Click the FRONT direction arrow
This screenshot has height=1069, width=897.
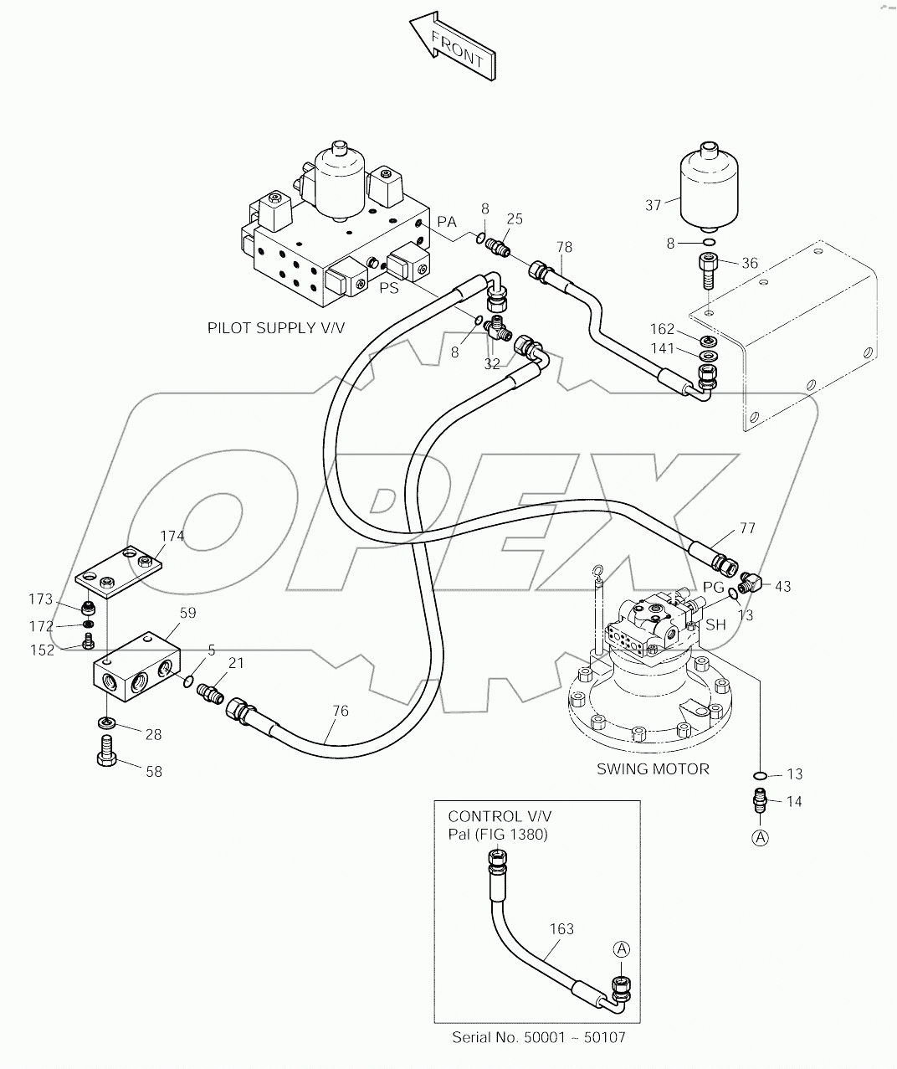(451, 46)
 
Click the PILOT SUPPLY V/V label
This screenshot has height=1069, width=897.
(275, 328)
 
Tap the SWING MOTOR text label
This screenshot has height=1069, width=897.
(653, 768)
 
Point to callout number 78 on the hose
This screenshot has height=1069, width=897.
(565, 247)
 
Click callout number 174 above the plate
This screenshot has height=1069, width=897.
(172, 536)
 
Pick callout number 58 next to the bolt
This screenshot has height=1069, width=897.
(154, 771)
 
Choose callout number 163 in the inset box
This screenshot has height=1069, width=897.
(561, 928)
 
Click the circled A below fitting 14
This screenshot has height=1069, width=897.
(760, 836)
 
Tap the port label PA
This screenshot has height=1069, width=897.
(447, 222)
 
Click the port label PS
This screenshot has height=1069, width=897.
(388, 288)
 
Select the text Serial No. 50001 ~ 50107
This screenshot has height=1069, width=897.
(538, 1037)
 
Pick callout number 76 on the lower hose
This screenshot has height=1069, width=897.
(339, 711)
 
